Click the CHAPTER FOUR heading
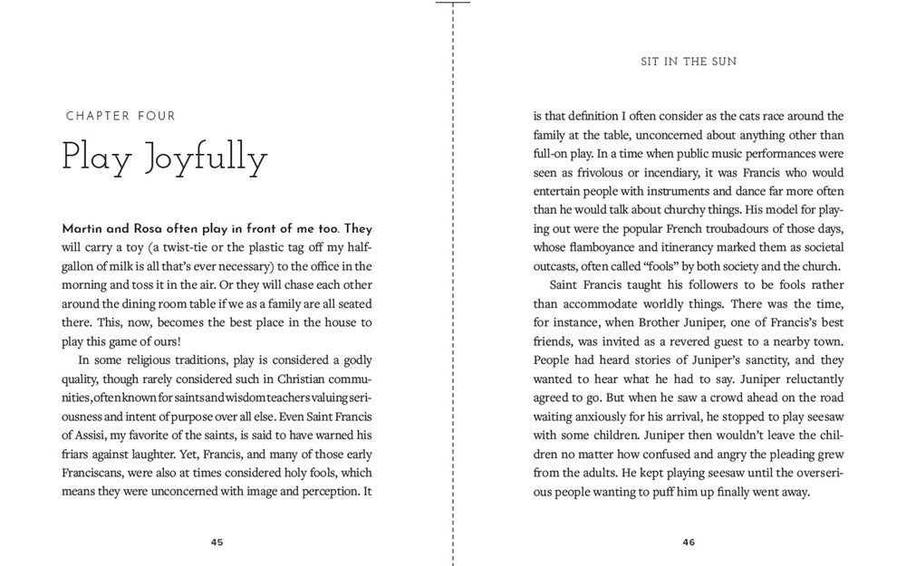[120, 116]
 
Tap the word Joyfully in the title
[206, 159]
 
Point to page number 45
[217, 542]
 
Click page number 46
[689, 542]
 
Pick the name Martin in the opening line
[82, 228]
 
